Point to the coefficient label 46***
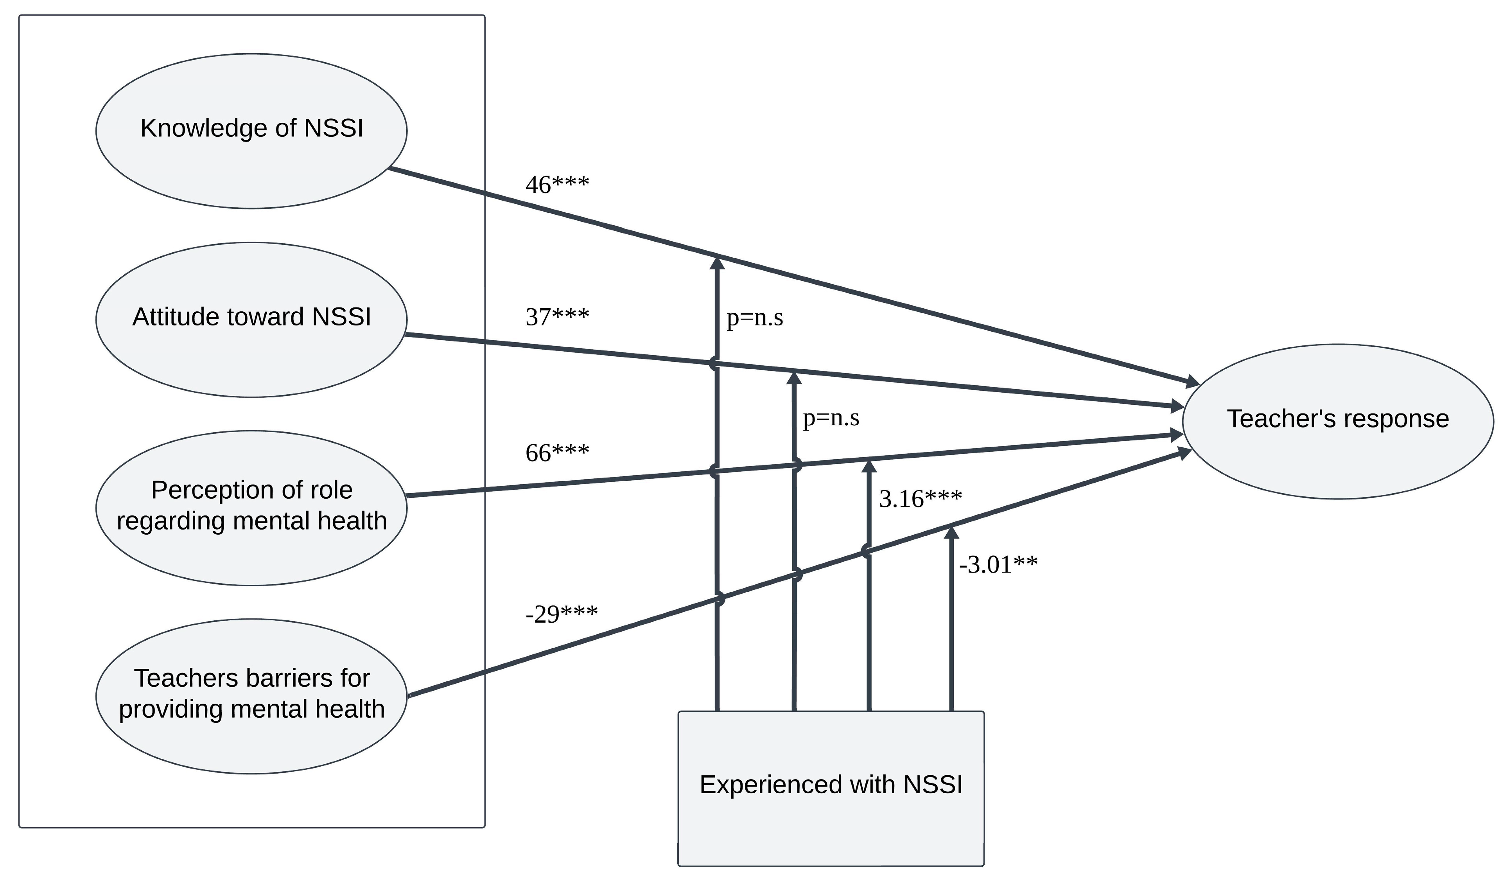tap(557, 185)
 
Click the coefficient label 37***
tap(557, 317)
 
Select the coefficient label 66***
tap(557, 453)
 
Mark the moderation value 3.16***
tap(920, 499)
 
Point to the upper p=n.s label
tap(755, 318)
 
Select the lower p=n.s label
tap(831, 418)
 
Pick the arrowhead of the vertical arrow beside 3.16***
tap(869, 466)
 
